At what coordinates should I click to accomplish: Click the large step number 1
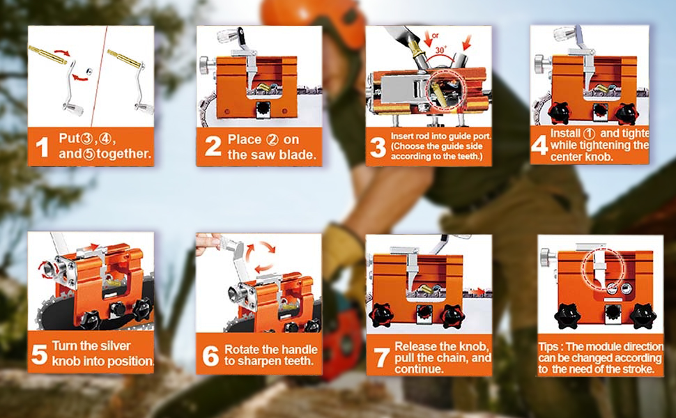click(x=43, y=147)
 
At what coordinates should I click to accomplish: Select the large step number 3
click(x=378, y=147)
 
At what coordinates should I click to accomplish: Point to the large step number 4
click(x=540, y=146)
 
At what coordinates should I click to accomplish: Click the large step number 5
click(x=40, y=355)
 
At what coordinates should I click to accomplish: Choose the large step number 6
click(x=210, y=356)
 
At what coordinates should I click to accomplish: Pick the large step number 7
click(x=381, y=356)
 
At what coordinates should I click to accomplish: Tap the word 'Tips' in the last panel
click(x=551, y=346)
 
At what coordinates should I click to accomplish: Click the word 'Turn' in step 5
click(x=66, y=346)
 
